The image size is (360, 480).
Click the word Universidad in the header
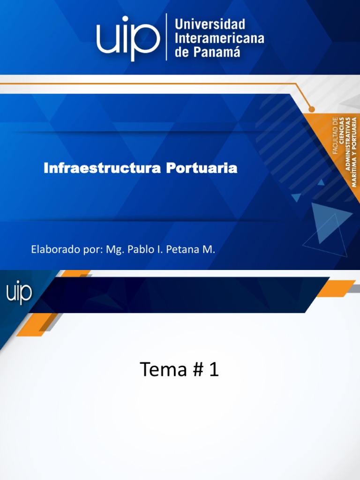click(x=210, y=24)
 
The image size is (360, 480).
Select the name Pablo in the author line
click(x=141, y=249)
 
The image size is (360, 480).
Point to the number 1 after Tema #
click(x=214, y=370)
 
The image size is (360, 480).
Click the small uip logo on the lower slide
click(x=19, y=293)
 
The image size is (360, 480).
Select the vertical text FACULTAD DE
click(x=335, y=136)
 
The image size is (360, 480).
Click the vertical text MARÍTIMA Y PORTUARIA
click(x=354, y=152)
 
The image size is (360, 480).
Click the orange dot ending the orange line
click(x=312, y=109)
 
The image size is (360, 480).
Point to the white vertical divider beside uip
click(x=166, y=37)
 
